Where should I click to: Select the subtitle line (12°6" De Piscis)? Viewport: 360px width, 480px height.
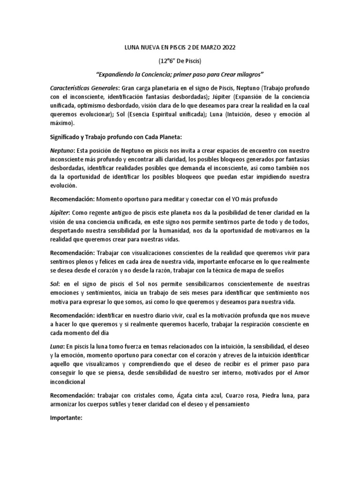coord(180,61)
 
